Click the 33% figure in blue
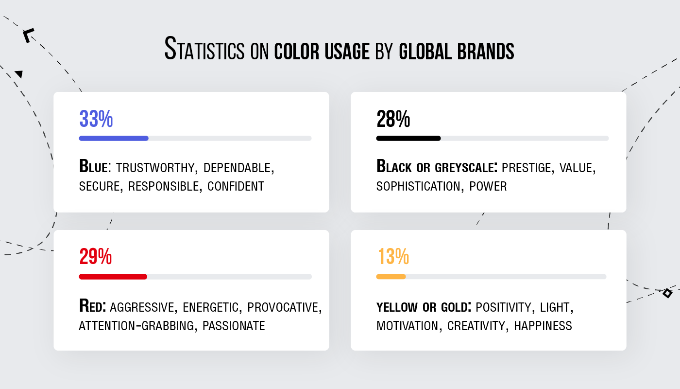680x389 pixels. (96, 119)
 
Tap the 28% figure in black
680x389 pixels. (393, 119)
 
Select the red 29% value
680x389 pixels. (96, 257)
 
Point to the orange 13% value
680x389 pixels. (393, 257)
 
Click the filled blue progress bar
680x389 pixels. (114, 138)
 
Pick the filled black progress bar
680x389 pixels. (408, 138)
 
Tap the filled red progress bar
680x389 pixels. (113, 277)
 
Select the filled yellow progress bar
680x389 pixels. (391, 277)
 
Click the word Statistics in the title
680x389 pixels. (204, 49)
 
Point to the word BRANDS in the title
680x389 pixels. (486, 51)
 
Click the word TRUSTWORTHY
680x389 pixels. (155, 168)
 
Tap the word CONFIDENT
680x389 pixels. (236, 186)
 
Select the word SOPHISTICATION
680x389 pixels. (418, 186)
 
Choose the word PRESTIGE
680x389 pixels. (527, 168)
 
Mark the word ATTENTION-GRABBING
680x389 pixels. (136, 326)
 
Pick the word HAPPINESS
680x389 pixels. (543, 326)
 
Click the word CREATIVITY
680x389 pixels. (476, 326)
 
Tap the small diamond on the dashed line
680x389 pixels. (667, 293)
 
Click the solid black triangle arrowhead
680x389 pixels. (19, 74)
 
